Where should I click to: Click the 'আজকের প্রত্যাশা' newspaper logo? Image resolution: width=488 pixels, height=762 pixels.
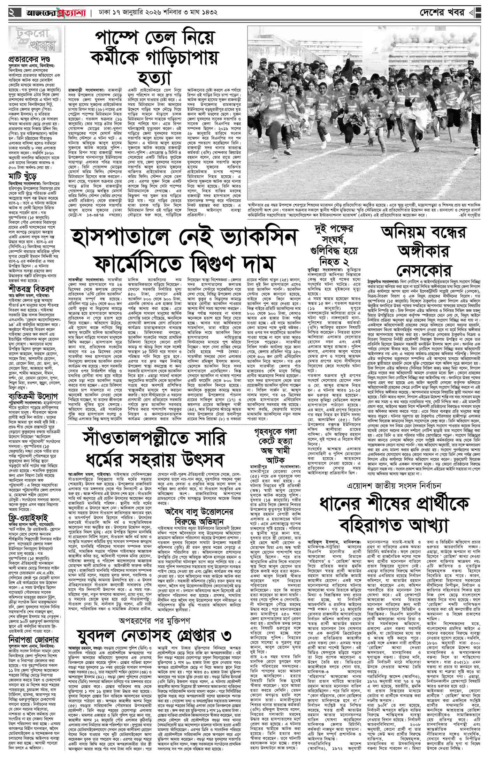coord(52,13)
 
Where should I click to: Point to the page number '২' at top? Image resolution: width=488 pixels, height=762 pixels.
coord(12,13)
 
